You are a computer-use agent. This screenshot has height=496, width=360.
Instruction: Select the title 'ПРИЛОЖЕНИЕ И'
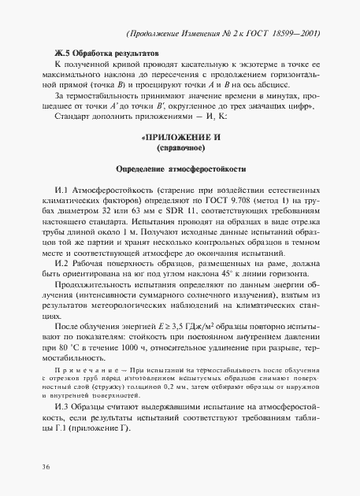click(181, 137)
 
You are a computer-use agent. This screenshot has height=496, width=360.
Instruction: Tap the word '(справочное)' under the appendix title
click(181, 147)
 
